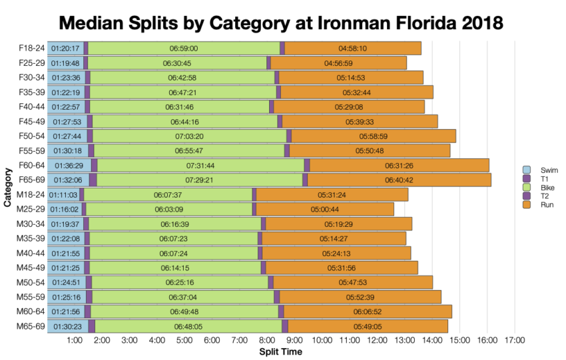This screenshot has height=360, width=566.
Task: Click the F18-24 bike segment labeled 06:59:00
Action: point(184,48)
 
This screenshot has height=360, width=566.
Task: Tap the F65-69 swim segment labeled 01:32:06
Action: point(68,180)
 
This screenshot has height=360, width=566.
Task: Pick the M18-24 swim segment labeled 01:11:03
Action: point(63,194)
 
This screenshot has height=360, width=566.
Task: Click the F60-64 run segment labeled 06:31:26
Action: point(400,165)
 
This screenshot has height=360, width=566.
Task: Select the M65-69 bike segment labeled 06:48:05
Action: point(188,326)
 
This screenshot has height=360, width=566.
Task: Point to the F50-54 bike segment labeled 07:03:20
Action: point(188,136)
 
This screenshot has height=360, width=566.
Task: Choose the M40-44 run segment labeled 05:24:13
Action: point(336,253)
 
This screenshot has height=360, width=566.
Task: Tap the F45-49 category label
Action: point(31,121)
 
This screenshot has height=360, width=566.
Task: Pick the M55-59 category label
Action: point(31,297)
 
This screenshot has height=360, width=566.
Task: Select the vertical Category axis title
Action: point(7,187)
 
